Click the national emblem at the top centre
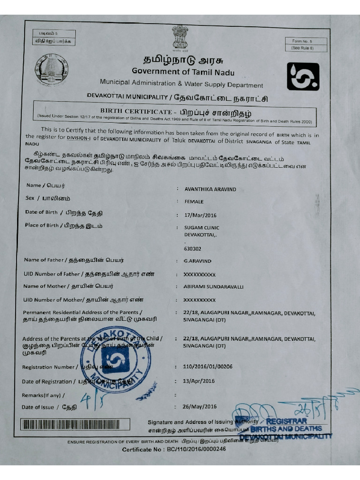click(x=180, y=37)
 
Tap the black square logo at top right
click(x=303, y=76)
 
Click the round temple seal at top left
click(x=51, y=69)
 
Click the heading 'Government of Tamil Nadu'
click(x=183, y=72)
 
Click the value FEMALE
click(x=194, y=202)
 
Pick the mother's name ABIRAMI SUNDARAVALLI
click(x=213, y=286)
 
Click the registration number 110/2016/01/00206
click(x=208, y=366)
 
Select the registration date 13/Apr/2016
click(x=199, y=381)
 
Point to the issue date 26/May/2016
click(x=200, y=406)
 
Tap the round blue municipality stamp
click(x=115, y=359)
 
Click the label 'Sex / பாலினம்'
click(x=45, y=198)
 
